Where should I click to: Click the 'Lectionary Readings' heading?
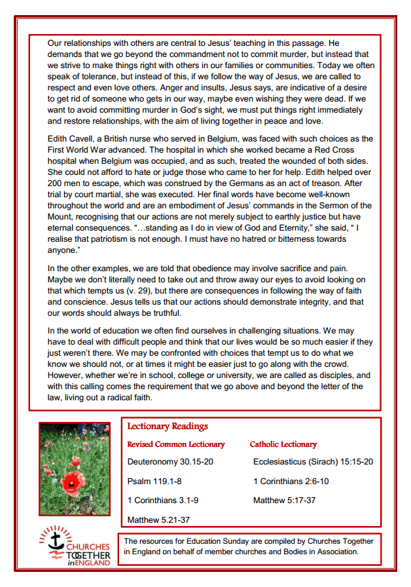pos(168,426)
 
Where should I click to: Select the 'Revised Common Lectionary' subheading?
pos(175,444)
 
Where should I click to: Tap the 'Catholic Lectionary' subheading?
pos(283,444)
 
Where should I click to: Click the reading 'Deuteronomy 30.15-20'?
pos(170,462)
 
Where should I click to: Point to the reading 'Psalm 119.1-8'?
pos(154,482)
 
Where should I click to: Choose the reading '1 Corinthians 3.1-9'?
pos(163,501)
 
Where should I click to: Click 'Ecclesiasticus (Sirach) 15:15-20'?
pos(313,462)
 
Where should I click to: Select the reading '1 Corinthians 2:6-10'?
pos(291,482)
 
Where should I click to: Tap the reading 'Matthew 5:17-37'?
pos(284,501)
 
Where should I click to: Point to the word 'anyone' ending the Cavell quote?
pos(63,250)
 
